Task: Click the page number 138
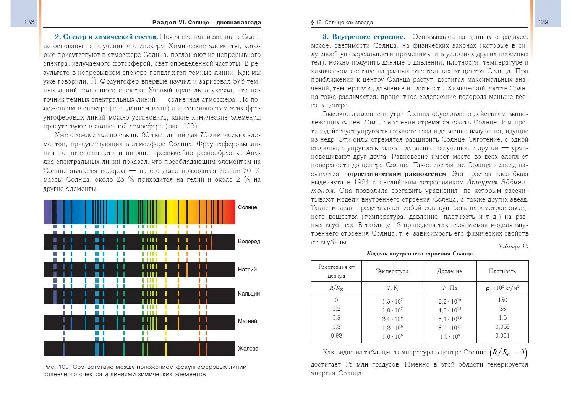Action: pos(29,22)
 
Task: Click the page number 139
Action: pos(543,22)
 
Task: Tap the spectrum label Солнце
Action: pos(248,207)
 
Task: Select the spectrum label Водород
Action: pos(249,241)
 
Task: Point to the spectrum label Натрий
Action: pos(247,270)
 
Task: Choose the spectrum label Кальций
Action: pos(249,294)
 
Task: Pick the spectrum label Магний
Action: pos(248,321)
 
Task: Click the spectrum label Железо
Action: pos(248,349)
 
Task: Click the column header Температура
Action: pos(392,271)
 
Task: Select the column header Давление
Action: pos(449,271)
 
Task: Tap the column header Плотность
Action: pos(502,271)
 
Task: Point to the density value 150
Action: pos(502,300)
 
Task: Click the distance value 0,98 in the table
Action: pos(336,336)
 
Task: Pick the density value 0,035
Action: pos(502,327)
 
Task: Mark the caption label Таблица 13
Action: pos(513,246)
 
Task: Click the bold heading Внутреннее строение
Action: pos(368,37)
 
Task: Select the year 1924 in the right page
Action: pos(361,183)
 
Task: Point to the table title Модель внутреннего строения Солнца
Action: pos(420,254)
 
